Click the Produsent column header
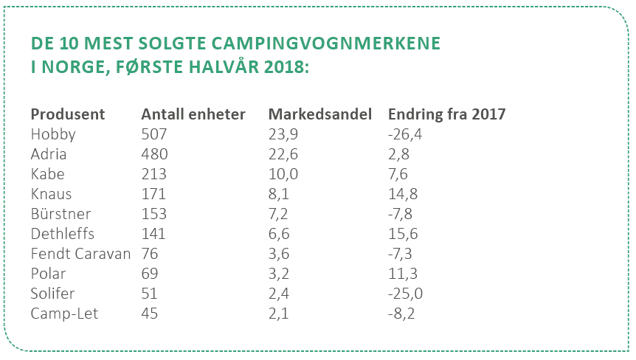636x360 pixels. coord(68,114)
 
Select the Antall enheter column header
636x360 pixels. coord(193,114)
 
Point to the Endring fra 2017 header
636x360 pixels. coord(446,114)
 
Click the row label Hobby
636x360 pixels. coord(53,134)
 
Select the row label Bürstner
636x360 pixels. coord(61,214)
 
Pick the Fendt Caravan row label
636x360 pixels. coord(80,254)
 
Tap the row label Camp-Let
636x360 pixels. coord(64,314)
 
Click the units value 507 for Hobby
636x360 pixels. coord(154,134)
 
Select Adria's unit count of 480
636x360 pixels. coord(154,154)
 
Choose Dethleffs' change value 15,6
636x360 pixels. coord(404,234)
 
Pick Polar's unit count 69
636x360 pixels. coord(151,274)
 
